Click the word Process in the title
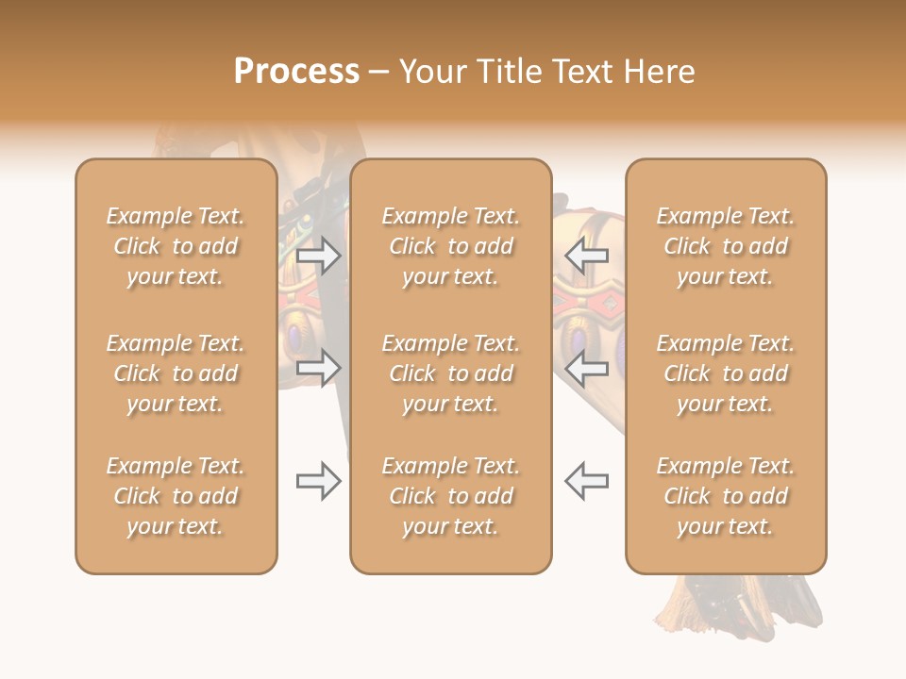click(296, 72)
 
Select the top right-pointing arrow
click(319, 256)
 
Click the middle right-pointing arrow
click(319, 367)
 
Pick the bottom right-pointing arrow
click(319, 481)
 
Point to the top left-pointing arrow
click(586, 256)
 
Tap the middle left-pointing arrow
click(586, 367)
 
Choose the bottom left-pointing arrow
click(586, 481)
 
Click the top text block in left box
click(176, 246)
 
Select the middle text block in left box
click(176, 373)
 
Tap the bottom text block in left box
click(176, 496)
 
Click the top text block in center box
click(451, 246)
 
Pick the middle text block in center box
click(451, 373)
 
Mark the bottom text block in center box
click(451, 496)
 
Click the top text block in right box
click(726, 246)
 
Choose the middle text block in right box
click(726, 373)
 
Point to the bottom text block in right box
click(726, 496)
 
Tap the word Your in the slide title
click(430, 72)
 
